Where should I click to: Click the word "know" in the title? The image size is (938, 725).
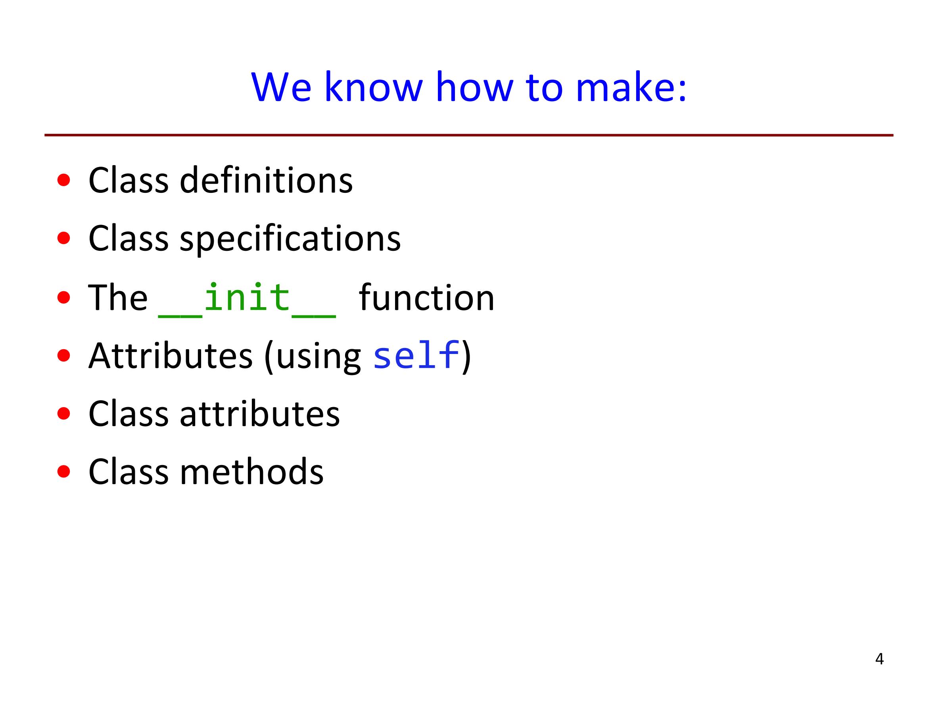tap(373, 87)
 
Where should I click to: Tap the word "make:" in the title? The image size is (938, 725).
tap(631, 87)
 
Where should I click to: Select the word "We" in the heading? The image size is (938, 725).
tap(281, 87)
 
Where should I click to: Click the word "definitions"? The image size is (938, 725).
tap(266, 180)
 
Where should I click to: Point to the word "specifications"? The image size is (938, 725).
tap(290, 239)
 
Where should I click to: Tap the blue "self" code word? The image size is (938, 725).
tap(416, 356)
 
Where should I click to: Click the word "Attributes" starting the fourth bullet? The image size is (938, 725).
tap(171, 356)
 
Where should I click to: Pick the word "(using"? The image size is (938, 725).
tap(313, 357)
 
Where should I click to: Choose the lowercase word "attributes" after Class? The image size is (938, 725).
tap(259, 413)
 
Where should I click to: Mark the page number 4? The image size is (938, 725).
tap(879, 658)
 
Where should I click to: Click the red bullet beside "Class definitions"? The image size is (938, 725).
tap(63, 180)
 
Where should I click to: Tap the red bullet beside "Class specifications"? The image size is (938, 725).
tap(63, 238)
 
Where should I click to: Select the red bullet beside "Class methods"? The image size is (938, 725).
tap(63, 472)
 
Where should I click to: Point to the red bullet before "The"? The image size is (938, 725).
tap(63, 297)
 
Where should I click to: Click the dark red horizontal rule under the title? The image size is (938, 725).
tap(468, 135)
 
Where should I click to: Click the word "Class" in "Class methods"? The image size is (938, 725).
tap(129, 471)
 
